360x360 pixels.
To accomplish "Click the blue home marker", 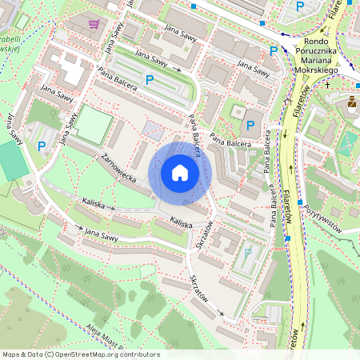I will click(x=180, y=172).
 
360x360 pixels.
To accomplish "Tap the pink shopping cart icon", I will click(x=95, y=24).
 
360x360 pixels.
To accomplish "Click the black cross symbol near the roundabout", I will click(x=327, y=84).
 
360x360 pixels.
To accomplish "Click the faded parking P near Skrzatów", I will click(x=247, y=253).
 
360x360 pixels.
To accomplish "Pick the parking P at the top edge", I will click(x=300, y=6).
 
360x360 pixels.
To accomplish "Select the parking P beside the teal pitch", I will click(x=42, y=146).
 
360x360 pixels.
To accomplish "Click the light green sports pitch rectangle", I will click(x=94, y=126).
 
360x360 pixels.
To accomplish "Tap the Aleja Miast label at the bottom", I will click(x=102, y=338).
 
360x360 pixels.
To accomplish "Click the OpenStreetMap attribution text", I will click(x=80, y=354).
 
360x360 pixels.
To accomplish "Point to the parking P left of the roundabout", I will click(x=274, y=50).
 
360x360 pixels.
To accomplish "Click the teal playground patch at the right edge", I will click(x=348, y=144).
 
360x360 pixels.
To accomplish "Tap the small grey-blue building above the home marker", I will click(x=150, y=128).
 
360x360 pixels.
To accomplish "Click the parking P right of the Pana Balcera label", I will click(x=250, y=125).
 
